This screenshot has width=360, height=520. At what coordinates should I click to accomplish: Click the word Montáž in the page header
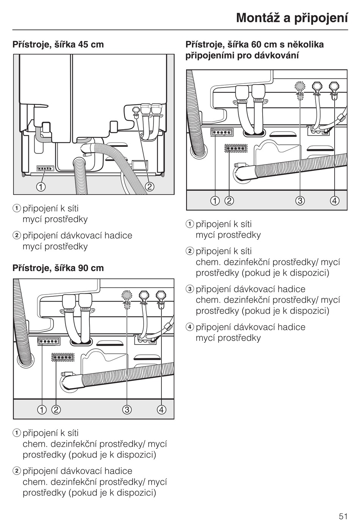click(258, 18)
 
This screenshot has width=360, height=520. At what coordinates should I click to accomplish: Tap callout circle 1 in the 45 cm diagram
click(41, 186)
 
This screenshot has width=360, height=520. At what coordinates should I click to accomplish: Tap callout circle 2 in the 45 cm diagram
click(149, 186)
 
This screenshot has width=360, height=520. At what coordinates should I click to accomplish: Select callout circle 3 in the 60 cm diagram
click(300, 200)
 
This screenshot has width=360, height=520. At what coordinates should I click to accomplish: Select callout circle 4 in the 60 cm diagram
click(335, 200)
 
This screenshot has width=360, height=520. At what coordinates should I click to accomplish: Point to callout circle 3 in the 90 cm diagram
click(127, 409)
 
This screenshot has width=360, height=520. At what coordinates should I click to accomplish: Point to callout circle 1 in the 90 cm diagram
click(42, 409)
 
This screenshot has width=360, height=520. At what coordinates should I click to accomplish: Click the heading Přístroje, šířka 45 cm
click(58, 44)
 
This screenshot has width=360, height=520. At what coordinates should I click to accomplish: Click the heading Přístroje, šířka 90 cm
click(58, 268)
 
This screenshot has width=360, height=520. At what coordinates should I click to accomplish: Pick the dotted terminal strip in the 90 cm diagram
click(63, 357)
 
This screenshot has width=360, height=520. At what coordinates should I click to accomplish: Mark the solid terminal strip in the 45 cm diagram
click(45, 168)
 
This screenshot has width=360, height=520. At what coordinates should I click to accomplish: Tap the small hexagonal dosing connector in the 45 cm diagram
click(135, 110)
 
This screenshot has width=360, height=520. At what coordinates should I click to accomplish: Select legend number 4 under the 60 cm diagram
click(190, 327)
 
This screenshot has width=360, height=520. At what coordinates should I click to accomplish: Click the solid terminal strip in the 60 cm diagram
click(222, 132)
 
